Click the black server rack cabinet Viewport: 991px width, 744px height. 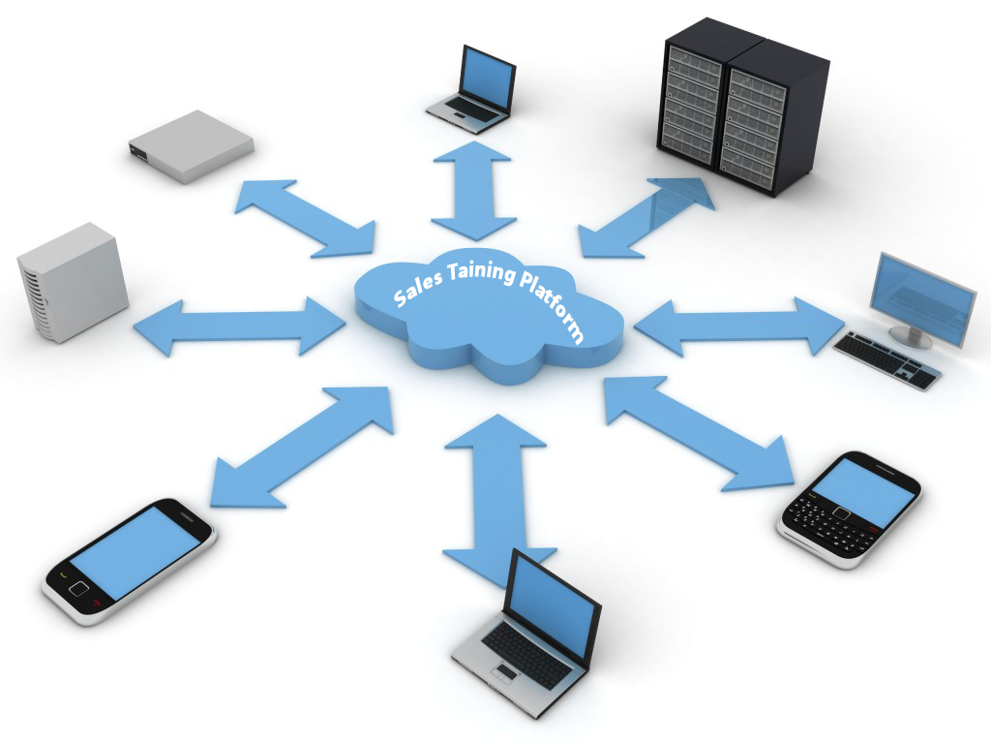click(742, 107)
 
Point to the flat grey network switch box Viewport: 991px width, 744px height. click(191, 146)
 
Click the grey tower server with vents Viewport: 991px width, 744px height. click(72, 282)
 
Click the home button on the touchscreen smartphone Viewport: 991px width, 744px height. click(78, 588)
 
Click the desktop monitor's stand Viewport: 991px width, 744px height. click(910, 334)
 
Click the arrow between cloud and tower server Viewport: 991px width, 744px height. click(240, 325)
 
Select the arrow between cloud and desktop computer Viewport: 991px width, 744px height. click(739, 325)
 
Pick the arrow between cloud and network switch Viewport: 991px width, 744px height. click(305, 218)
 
